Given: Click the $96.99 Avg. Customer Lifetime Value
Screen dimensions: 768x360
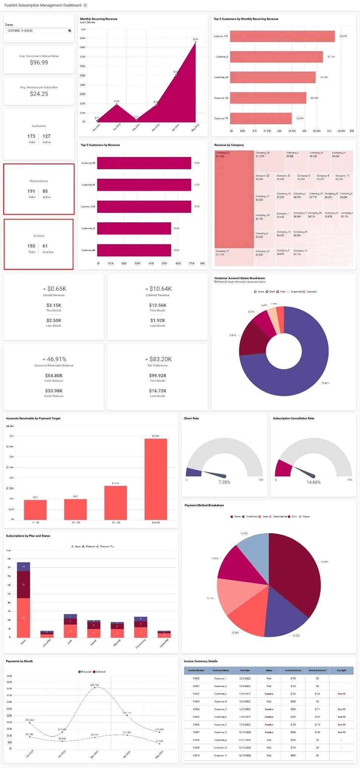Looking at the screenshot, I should tap(39, 62).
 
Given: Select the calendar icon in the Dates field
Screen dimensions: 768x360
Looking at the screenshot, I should tap(69, 31).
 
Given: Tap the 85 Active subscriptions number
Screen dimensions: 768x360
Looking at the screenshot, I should tap(45, 191).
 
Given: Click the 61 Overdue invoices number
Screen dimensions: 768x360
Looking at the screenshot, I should tap(45, 246).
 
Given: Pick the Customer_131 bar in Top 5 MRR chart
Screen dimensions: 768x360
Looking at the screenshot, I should tap(282, 36).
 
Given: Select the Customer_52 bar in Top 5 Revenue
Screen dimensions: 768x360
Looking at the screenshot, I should tap(134, 228).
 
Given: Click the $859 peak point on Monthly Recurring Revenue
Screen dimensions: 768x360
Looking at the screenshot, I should tap(195, 42).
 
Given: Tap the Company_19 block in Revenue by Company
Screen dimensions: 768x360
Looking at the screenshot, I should tap(234, 199).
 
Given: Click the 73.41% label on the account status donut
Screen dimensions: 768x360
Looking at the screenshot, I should tap(325, 383).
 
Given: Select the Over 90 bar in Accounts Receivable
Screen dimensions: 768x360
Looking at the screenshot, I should tap(156, 479).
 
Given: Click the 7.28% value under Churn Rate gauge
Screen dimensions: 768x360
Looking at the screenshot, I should tap(224, 482).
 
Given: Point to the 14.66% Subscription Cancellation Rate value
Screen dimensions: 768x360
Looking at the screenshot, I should tap(313, 482).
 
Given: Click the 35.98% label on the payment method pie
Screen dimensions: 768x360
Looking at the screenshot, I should tap(324, 562).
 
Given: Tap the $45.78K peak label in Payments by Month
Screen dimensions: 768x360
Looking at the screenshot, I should tap(95, 685).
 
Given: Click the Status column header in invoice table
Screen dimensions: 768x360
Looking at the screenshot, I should tap(269, 670).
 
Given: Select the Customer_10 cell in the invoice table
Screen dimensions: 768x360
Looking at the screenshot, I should tap(220, 748).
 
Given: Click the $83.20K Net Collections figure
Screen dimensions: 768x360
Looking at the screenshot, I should tap(161, 359).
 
